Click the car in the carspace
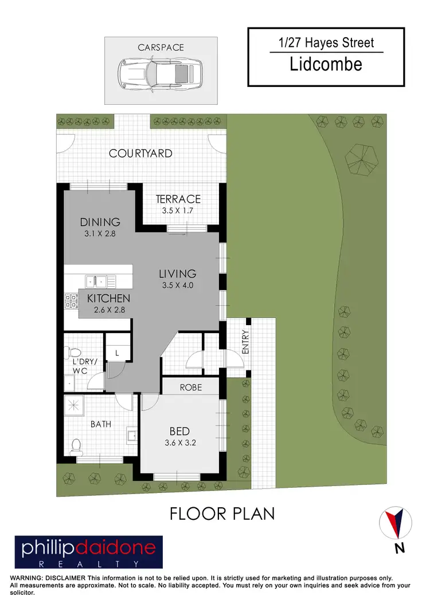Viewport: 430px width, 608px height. tap(161, 75)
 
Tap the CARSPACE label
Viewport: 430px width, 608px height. tap(161, 48)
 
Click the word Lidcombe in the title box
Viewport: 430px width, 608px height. tap(326, 64)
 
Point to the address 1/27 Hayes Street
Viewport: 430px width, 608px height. tap(326, 43)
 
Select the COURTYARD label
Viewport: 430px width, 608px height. tap(140, 153)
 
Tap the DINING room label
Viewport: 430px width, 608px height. tap(100, 222)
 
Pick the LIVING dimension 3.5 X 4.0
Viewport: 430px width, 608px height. tap(178, 285)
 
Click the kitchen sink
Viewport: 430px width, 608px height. tap(99, 281)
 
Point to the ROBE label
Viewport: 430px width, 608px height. tap(191, 387)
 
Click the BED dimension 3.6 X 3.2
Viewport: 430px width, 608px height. tap(184, 441)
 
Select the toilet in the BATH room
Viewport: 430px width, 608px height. tap(76, 445)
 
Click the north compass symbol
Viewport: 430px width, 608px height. tap(396, 523)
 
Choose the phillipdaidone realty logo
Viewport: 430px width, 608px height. tap(89, 552)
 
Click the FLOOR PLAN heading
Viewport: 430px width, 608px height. tap(222, 514)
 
